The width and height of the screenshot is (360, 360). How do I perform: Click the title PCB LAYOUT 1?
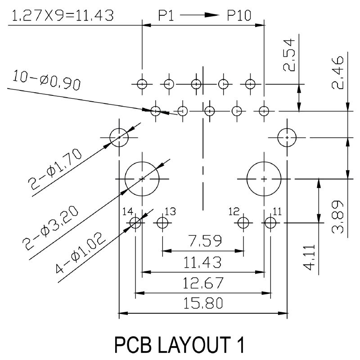pos(180,345)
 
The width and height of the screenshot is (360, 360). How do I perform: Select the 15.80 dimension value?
pos(202,304)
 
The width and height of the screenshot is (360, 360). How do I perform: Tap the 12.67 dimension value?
pos(202,283)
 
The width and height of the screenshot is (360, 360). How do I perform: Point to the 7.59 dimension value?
pos(205,242)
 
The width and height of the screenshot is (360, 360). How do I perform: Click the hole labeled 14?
pos(135,222)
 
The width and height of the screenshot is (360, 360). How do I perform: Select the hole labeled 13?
pos(162,222)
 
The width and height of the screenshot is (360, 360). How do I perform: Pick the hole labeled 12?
pos(243,222)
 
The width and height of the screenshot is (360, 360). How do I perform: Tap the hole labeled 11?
pos(270,222)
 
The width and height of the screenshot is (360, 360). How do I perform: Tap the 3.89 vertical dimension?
pos(337,216)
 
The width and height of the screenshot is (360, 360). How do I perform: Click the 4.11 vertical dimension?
pos(310,256)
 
